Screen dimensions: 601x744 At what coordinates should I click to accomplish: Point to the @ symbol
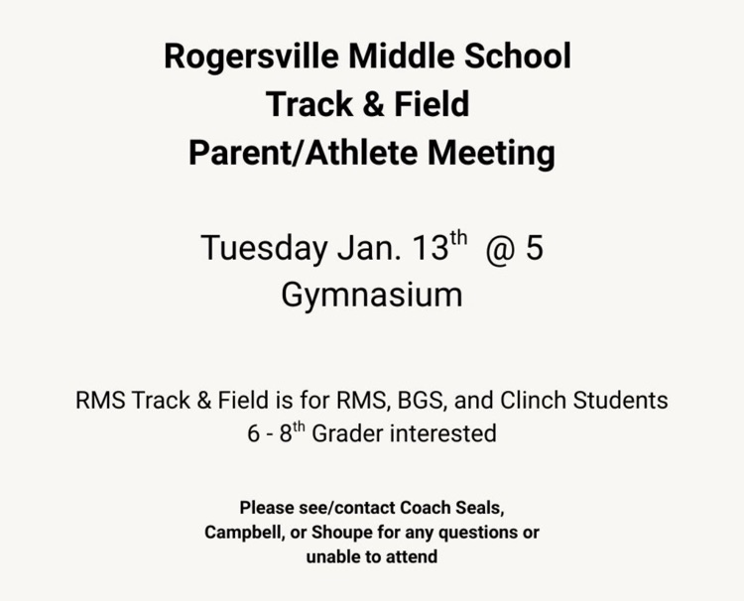[501, 248]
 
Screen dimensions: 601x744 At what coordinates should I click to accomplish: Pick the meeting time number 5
[535, 248]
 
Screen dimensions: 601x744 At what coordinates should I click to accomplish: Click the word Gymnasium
[372, 296]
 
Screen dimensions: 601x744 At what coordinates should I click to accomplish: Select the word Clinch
[534, 401]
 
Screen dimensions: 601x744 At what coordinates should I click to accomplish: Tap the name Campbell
[243, 532]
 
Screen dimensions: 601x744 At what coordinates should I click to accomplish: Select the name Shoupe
[340, 532]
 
